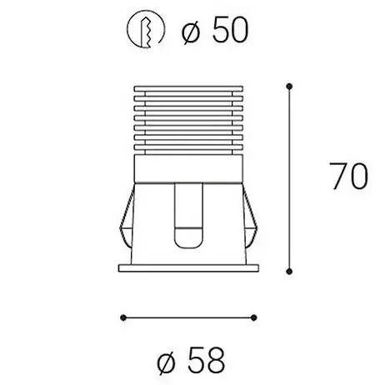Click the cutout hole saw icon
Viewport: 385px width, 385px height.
pos(146,29)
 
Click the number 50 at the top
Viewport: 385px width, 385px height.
pos(230,30)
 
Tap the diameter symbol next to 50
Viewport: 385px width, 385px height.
pos(191,32)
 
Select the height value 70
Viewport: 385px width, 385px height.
pos(348,176)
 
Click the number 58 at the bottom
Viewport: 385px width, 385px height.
pos(207,360)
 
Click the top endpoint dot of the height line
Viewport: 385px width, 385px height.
pos(289,87)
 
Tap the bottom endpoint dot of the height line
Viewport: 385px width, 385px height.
pos(289,272)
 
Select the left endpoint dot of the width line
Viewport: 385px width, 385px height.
pos(123,317)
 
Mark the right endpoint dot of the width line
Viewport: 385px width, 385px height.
pos(253,317)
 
